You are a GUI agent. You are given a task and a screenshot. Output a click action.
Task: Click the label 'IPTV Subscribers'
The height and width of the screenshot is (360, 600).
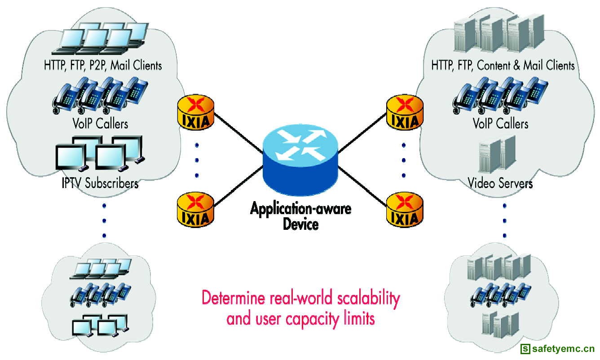(99, 183)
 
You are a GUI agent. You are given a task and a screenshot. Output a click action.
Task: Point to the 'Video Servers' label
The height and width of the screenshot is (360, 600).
(500, 183)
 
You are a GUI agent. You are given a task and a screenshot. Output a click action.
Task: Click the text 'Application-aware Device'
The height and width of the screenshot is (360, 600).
(300, 216)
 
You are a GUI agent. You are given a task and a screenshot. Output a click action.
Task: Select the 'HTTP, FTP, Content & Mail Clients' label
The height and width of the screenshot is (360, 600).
(503, 66)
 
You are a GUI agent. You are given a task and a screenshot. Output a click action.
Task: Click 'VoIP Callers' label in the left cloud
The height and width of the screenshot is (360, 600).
(99, 123)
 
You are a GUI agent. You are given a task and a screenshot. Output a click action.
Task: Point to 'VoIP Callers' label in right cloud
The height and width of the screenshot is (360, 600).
(500, 123)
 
